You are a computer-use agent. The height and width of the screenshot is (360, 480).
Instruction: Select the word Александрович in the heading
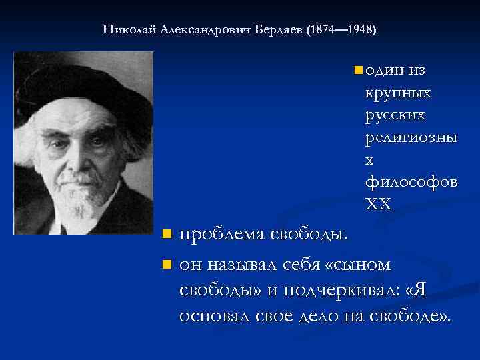click(205, 30)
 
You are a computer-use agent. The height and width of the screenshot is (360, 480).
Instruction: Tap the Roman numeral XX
click(379, 205)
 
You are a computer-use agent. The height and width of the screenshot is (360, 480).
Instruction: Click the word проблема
click(221, 235)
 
